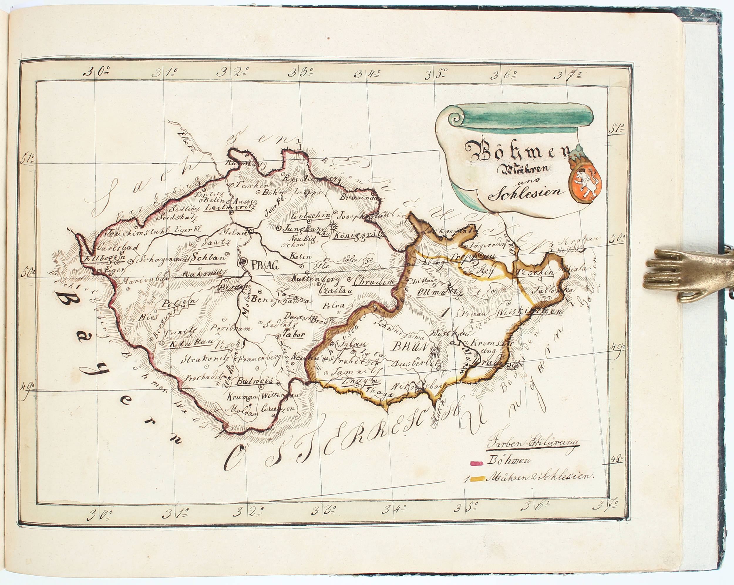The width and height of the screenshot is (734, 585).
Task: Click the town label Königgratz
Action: pos(358,235)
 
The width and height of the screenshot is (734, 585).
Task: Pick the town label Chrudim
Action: pos(373,282)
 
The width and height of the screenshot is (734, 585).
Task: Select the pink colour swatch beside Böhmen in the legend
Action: pos(476,463)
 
